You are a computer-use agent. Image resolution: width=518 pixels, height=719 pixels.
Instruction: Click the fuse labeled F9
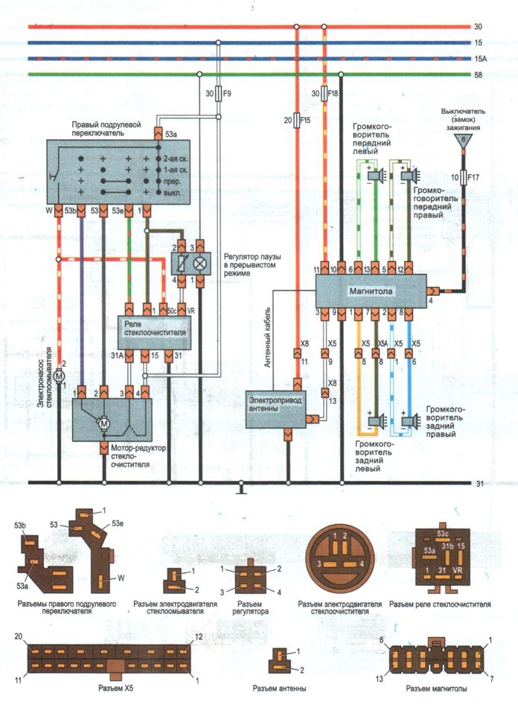(219, 94)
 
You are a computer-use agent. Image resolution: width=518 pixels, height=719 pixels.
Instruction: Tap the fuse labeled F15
(297, 120)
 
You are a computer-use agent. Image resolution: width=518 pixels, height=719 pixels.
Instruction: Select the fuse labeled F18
(324, 93)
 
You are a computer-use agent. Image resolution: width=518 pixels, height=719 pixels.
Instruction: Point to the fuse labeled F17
(464, 177)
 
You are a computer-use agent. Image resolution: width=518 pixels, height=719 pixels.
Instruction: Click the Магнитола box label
(371, 291)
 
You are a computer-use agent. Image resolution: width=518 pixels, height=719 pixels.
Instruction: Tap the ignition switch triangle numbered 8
(464, 140)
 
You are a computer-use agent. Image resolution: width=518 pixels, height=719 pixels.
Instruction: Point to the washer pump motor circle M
(59, 376)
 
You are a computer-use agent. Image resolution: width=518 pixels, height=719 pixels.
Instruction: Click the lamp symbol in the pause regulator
(200, 263)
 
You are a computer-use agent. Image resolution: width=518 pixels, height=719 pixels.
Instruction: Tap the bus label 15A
(479, 59)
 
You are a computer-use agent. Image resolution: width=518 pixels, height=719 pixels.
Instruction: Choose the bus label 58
(478, 74)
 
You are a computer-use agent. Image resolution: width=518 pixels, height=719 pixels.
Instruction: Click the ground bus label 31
(479, 483)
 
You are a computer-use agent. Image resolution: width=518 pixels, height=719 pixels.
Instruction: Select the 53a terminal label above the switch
(170, 135)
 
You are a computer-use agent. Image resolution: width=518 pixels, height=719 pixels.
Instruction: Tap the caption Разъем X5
(115, 688)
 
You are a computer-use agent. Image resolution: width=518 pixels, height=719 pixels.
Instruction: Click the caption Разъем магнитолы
(436, 688)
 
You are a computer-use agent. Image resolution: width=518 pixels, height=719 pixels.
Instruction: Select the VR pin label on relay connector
(457, 569)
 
